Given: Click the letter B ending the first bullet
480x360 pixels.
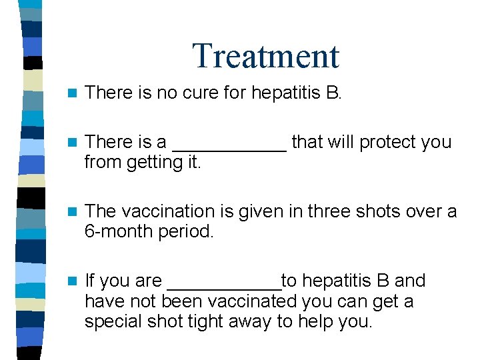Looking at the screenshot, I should (333, 92).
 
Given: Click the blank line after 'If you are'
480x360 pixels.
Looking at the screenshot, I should (224, 285).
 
